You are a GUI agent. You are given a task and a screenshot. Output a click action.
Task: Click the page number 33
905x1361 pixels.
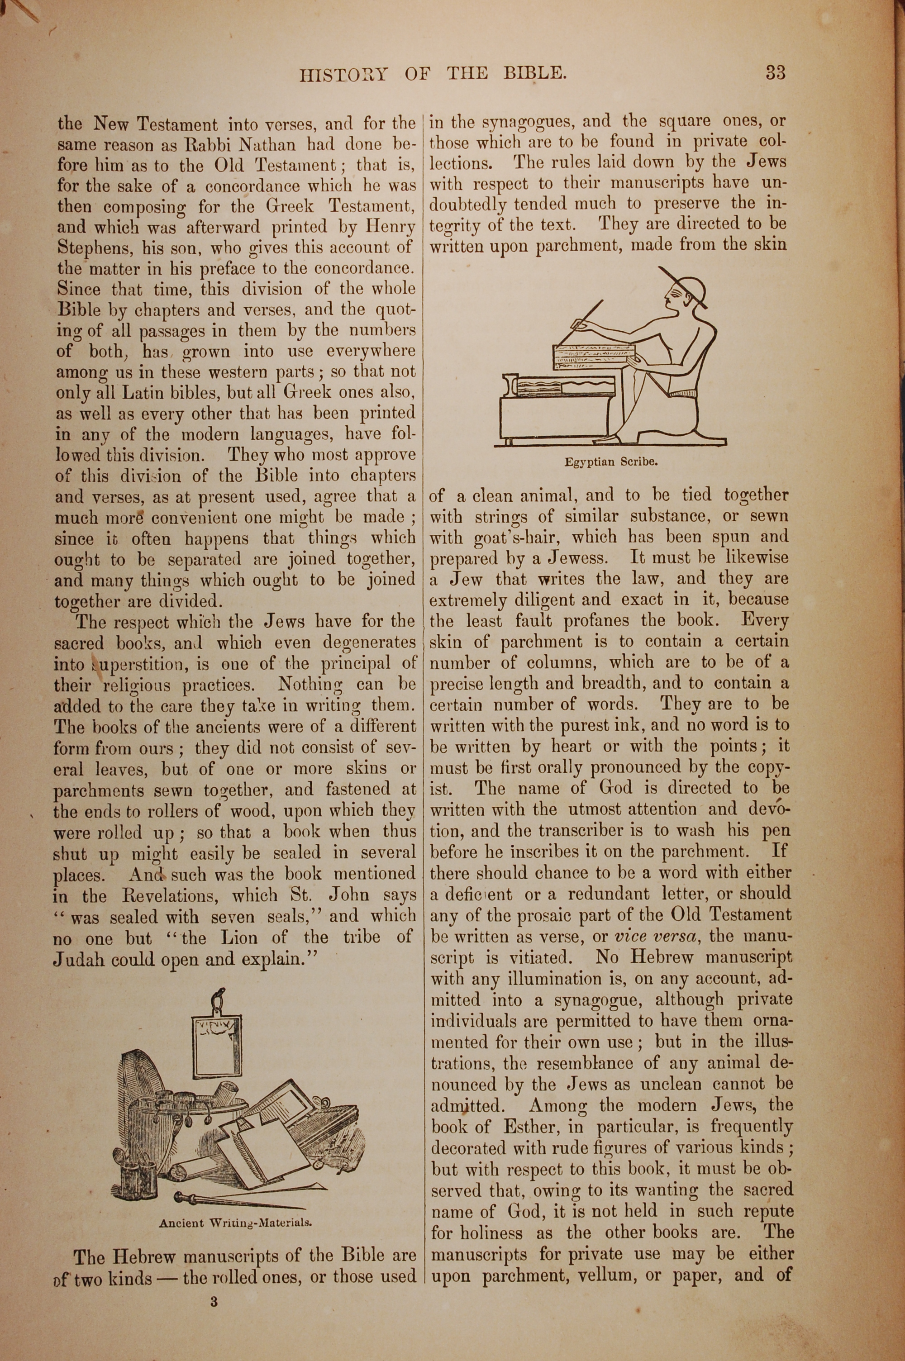tap(775, 73)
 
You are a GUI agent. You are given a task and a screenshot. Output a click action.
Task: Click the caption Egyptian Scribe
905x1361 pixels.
tap(611, 462)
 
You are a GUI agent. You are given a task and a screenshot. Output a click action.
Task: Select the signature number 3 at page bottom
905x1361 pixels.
tap(214, 1301)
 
